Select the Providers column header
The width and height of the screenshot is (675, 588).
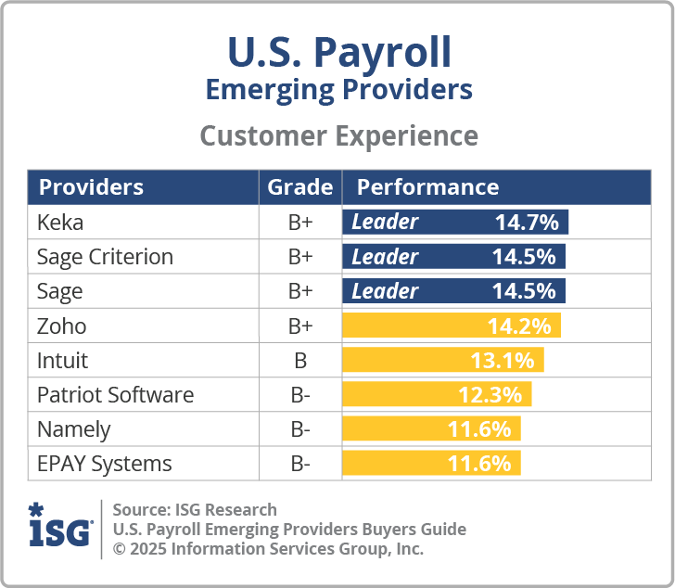click(91, 187)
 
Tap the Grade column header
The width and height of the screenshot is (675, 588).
click(299, 187)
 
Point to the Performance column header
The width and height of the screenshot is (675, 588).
click(427, 187)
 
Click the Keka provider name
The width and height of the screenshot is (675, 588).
click(60, 223)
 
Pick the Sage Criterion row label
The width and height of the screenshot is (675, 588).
click(105, 257)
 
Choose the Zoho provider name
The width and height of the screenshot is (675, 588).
click(61, 326)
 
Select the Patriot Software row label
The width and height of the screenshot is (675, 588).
click(115, 395)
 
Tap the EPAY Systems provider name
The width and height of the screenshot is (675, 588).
click(104, 464)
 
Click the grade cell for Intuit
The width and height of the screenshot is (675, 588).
click(299, 360)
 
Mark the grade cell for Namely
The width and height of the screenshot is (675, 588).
click(299, 429)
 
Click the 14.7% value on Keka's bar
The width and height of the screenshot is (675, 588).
click(526, 223)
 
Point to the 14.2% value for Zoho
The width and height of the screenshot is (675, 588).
click(519, 326)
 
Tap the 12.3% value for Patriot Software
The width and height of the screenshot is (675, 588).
click(490, 395)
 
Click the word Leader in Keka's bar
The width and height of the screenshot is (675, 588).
click(385, 223)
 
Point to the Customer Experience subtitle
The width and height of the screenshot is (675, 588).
click(338, 136)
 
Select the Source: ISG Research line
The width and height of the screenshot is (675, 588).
click(195, 509)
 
